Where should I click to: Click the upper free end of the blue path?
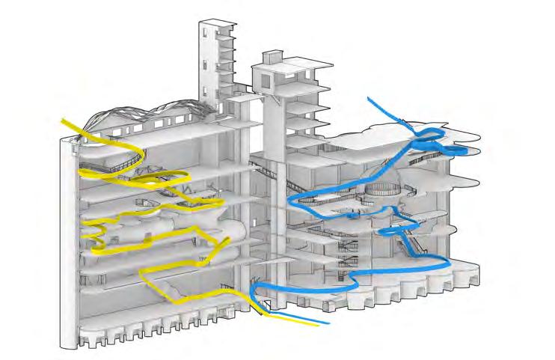(369, 100)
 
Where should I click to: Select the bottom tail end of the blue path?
(327, 323)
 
